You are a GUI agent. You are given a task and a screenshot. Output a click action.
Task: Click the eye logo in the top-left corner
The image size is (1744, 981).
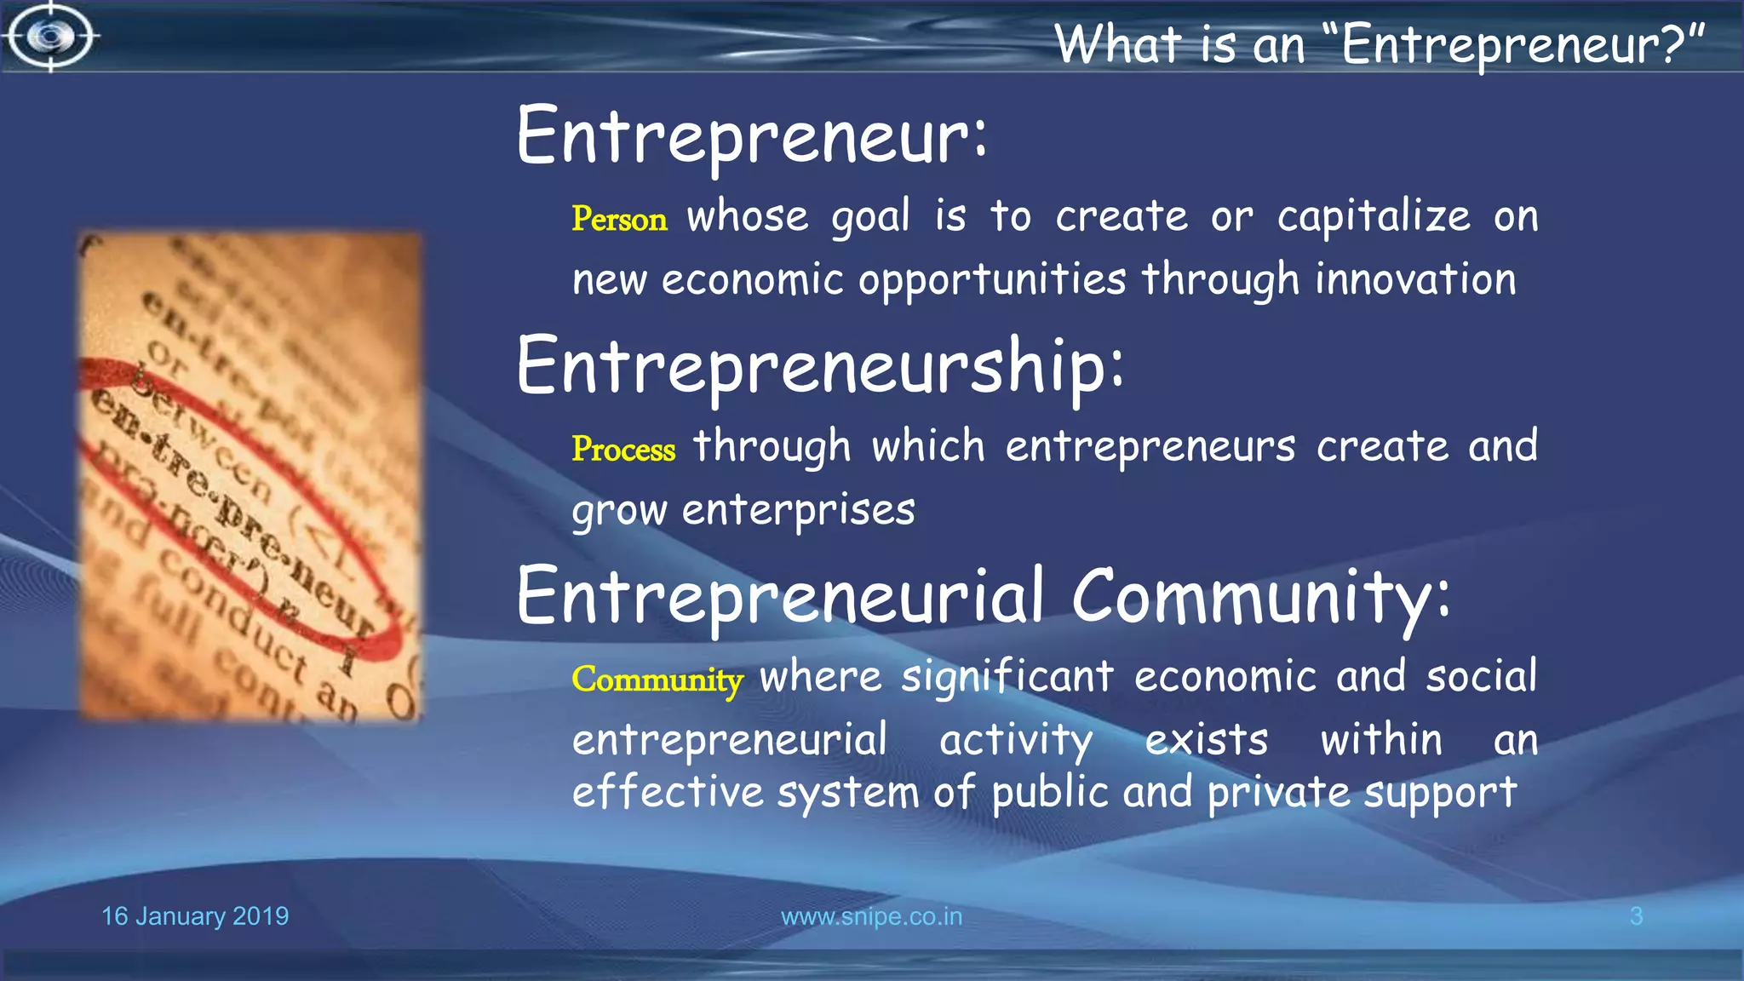(x=50, y=37)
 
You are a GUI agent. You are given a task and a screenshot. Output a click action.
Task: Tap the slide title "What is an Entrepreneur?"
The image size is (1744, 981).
(x=1380, y=44)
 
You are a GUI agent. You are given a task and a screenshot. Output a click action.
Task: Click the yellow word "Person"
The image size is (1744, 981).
(x=619, y=219)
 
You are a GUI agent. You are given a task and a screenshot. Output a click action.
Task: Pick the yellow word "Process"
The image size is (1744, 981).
(x=623, y=449)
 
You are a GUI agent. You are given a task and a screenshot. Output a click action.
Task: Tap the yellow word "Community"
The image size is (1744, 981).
(x=657, y=679)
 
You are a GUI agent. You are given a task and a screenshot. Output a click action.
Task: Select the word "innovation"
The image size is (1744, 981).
(x=1415, y=279)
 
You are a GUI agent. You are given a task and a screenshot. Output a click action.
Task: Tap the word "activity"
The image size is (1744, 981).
(x=1016, y=740)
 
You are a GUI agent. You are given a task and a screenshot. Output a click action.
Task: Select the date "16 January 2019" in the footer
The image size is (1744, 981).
(x=195, y=916)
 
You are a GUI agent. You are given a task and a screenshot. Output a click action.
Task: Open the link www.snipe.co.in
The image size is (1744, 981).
(x=871, y=916)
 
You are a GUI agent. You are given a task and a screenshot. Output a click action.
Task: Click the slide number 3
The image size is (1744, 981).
(x=1636, y=916)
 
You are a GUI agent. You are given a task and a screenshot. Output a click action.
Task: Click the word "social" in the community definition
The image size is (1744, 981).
(x=1481, y=677)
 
